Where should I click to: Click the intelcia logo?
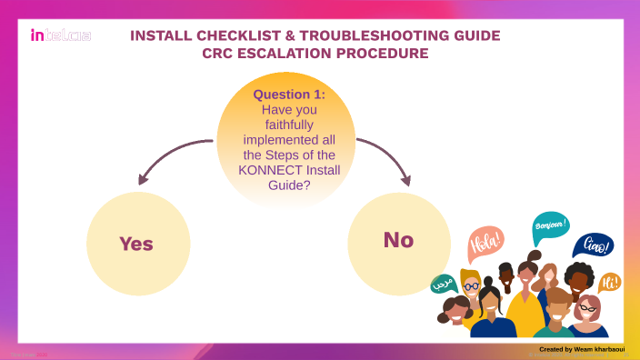pyautogui.click(x=60, y=36)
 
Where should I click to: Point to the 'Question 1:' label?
pyautogui.click(x=289, y=95)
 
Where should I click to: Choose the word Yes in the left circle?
pyautogui.click(x=136, y=244)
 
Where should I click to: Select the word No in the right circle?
pyautogui.click(x=398, y=240)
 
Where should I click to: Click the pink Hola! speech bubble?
pyautogui.click(x=485, y=245)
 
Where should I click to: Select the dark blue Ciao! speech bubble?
pyautogui.click(x=593, y=245)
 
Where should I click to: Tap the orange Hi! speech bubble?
pyautogui.click(x=610, y=282)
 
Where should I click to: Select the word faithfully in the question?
pyautogui.click(x=289, y=124)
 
